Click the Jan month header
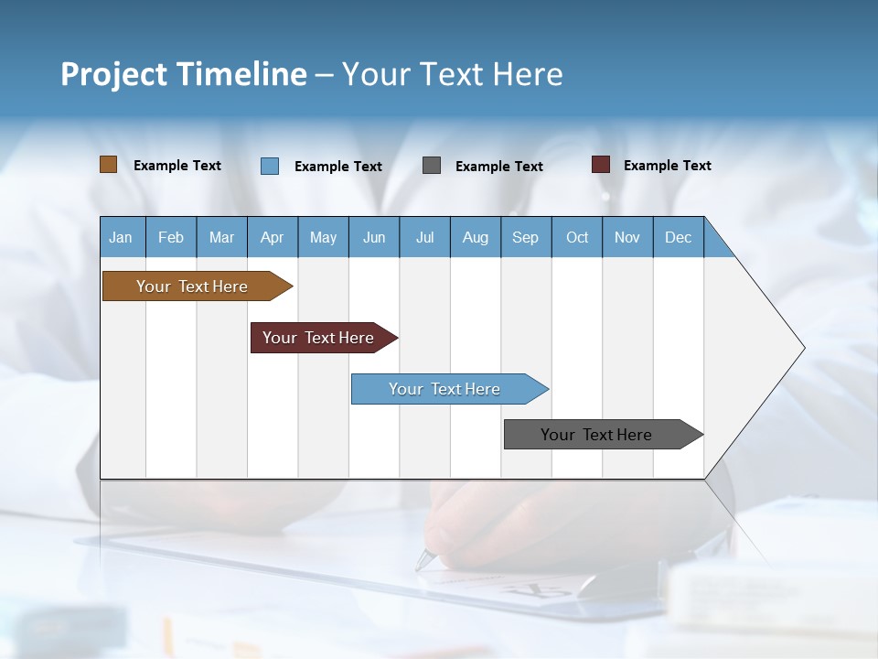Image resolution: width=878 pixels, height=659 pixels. click(121, 237)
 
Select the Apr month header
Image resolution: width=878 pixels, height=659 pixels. click(272, 237)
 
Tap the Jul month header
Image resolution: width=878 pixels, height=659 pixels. click(424, 237)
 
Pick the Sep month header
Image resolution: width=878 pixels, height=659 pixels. click(525, 237)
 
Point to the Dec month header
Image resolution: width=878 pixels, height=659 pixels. click(678, 237)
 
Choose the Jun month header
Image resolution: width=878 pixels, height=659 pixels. click(373, 237)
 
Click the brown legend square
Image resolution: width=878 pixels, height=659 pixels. click(108, 165)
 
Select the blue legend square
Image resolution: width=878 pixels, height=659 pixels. click(270, 166)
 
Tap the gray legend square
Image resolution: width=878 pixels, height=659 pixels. click(432, 166)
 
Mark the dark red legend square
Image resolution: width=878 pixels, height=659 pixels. click(600, 165)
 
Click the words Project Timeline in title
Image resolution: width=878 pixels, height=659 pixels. click(183, 73)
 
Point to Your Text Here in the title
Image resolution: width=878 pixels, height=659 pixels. click(452, 73)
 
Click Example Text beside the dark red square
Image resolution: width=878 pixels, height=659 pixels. click(667, 165)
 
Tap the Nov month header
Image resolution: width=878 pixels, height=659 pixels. click(627, 237)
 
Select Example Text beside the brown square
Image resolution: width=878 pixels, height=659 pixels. click(177, 165)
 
